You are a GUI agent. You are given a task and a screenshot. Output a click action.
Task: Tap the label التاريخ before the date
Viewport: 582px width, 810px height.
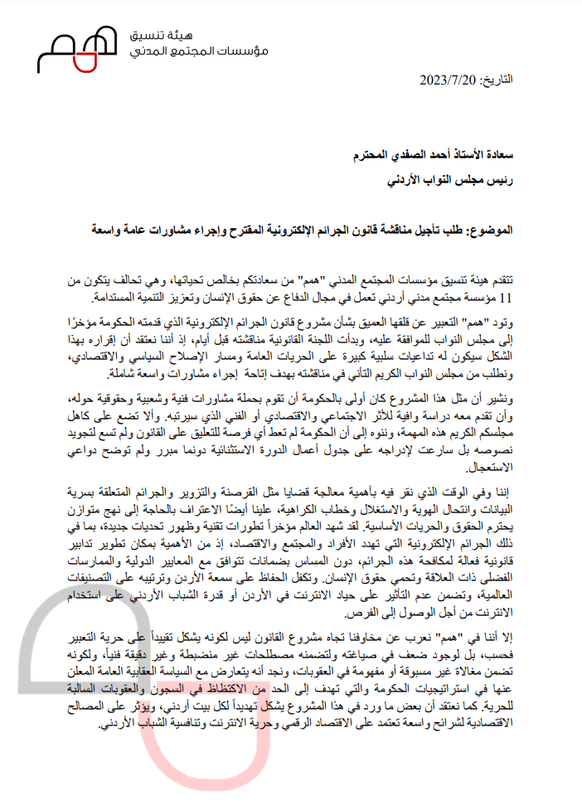[494, 80]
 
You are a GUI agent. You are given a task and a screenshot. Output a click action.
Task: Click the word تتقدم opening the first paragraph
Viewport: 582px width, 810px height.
[499, 280]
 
